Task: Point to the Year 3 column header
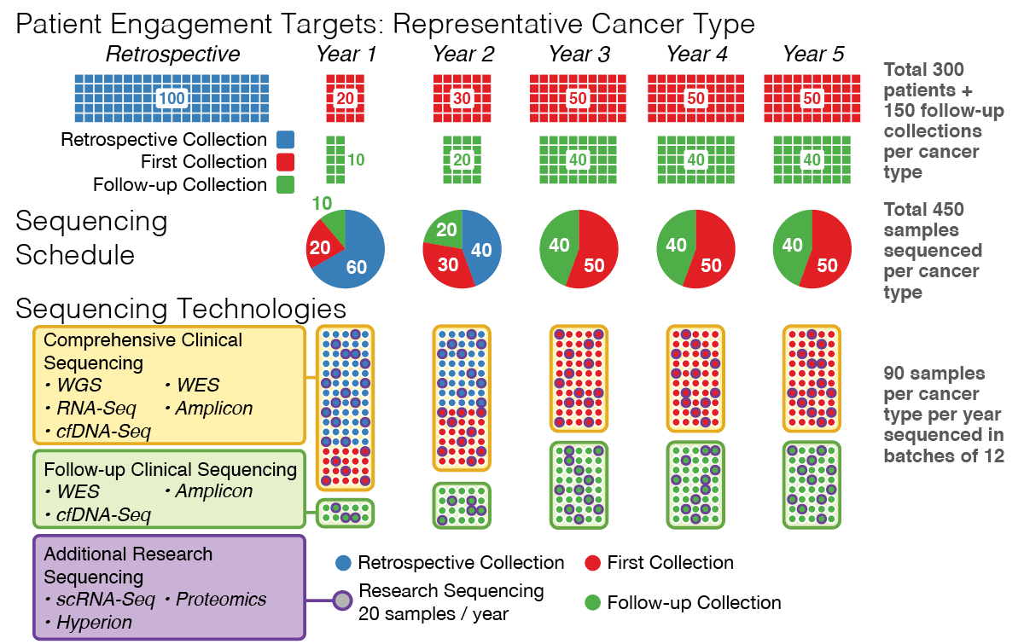coord(579,55)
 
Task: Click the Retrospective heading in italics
coord(173,55)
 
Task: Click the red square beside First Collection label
coord(286,162)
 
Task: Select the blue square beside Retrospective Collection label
coord(286,140)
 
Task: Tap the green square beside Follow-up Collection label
coord(286,185)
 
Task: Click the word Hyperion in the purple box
coord(94,623)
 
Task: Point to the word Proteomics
coord(221,600)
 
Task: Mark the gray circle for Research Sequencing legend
coord(341,600)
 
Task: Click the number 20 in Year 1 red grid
coord(346,98)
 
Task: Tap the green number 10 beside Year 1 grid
coord(357,160)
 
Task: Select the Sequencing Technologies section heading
coord(181,307)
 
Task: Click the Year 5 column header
coord(813,55)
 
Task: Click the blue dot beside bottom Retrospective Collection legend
coord(341,563)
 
